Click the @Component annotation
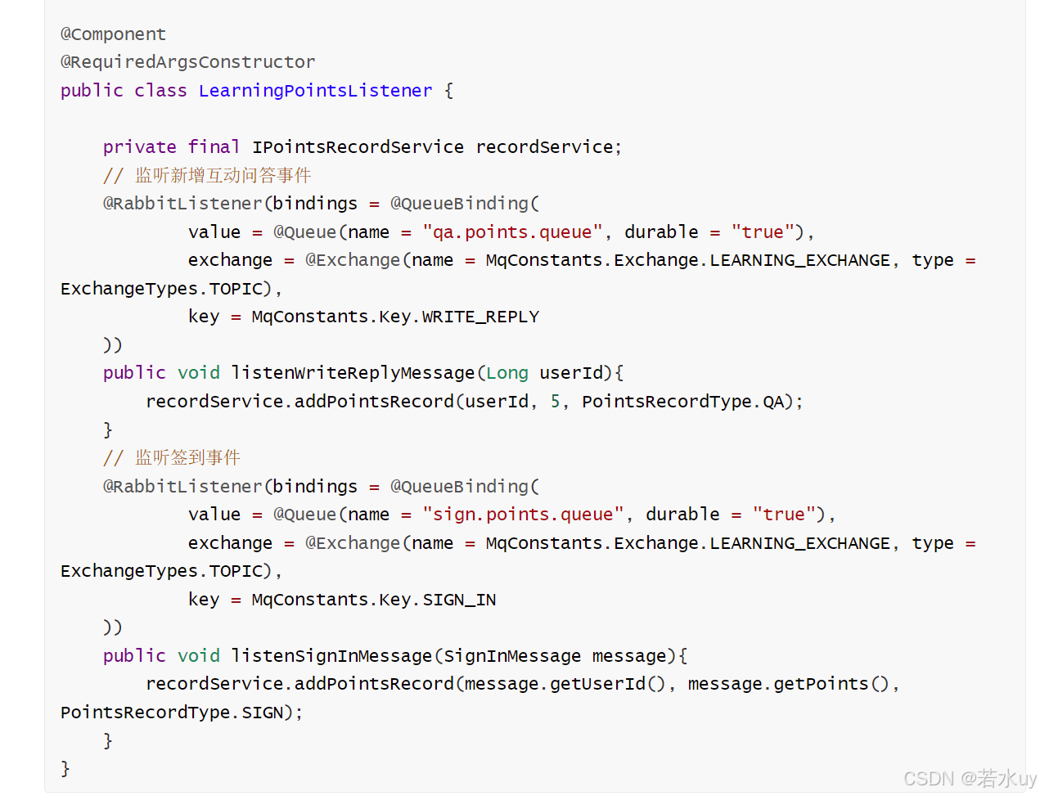113,34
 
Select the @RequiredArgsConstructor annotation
187,62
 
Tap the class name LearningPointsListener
315,91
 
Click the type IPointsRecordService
358,147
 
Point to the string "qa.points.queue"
513,232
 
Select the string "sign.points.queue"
524,515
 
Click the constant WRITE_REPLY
480,317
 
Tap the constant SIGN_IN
459,600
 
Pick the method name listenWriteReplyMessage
353,373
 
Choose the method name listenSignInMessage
331,656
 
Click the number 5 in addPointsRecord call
556,402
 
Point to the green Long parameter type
507,373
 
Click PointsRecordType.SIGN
172,713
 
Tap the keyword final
214,147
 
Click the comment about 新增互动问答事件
207,176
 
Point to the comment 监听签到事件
172,458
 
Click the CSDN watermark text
970,778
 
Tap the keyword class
160,91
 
